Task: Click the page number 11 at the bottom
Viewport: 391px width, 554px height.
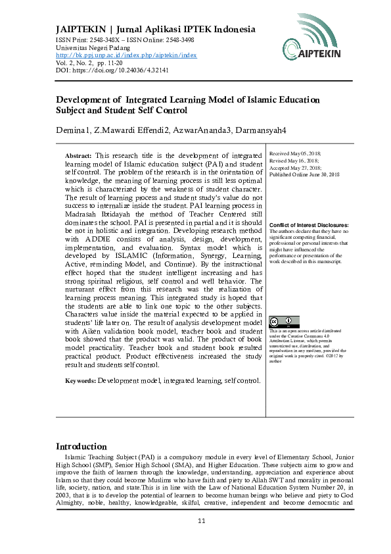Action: pos(202,521)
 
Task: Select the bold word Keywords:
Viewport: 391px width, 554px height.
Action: pos(80,380)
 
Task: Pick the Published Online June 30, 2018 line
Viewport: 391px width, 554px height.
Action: pos(304,174)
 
